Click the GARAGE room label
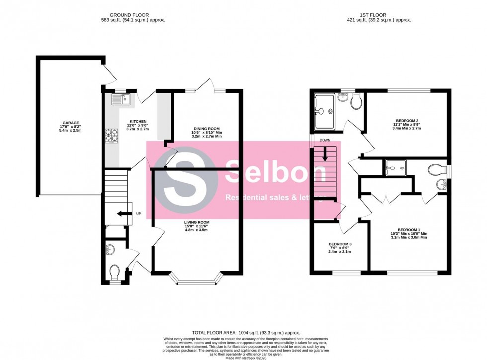tap(71, 123)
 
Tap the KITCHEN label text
tap(138, 122)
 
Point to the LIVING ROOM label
tap(196, 222)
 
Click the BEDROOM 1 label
tap(409, 229)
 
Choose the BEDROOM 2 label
tap(407, 121)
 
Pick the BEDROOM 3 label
tap(340, 244)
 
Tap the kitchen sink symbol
tap(120, 99)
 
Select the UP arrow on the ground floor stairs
tap(121, 214)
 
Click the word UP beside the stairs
tap(138, 214)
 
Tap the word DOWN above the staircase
tap(325, 140)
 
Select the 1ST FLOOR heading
tap(379, 15)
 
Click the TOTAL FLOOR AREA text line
tap(246, 332)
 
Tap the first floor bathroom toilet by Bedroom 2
tap(355, 103)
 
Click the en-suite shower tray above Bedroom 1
tap(396, 168)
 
